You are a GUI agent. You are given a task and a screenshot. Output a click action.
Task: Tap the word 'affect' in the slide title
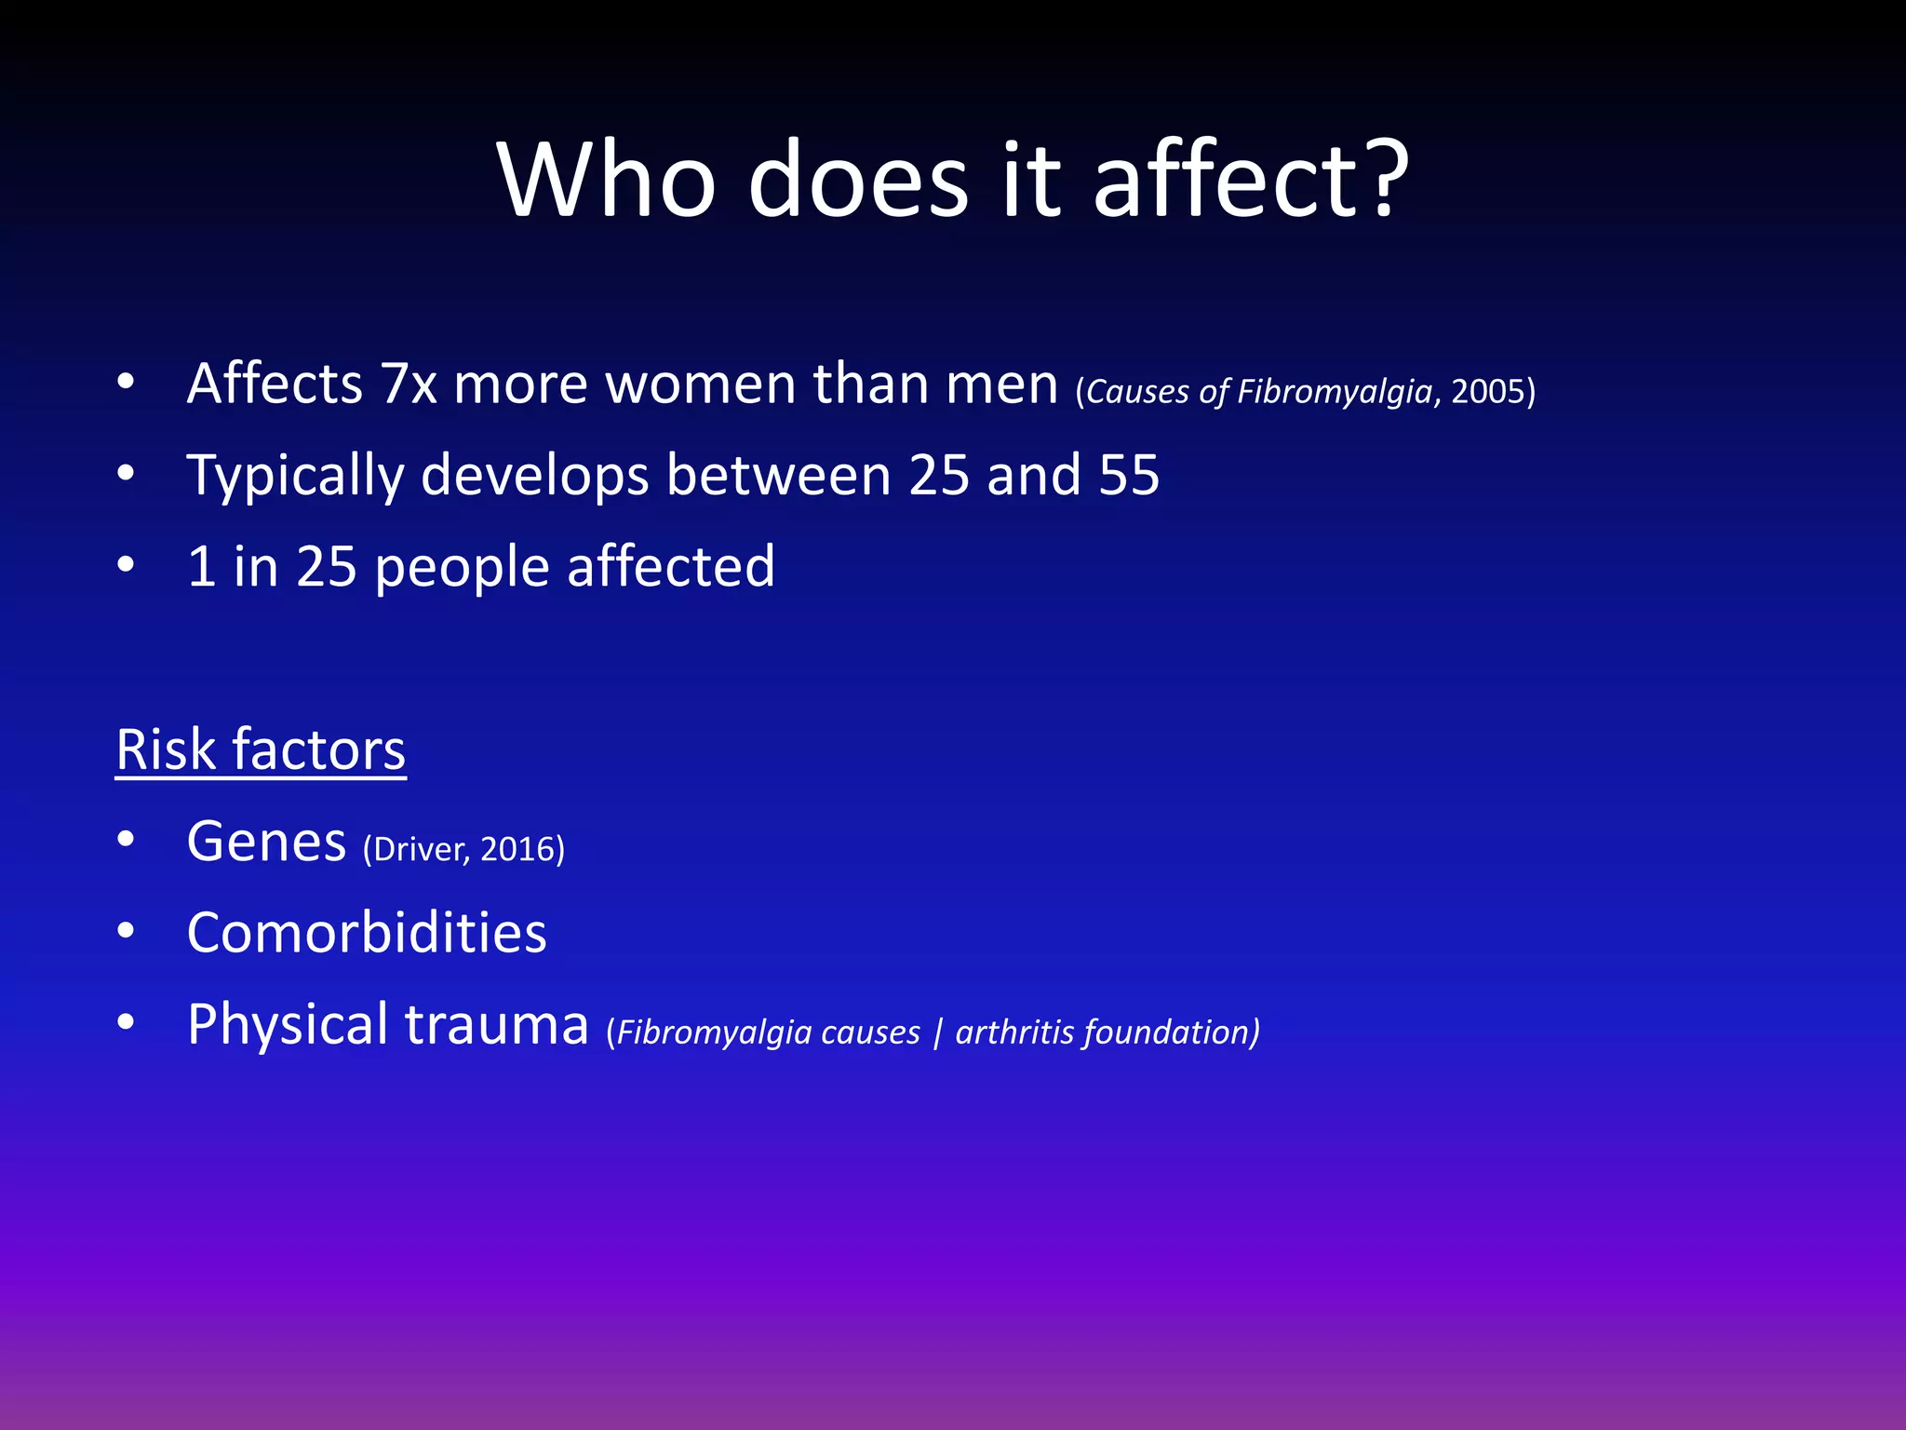(1210, 179)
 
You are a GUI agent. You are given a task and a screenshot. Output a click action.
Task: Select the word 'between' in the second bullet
(778, 476)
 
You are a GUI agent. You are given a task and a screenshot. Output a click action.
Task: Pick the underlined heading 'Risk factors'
(261, 750)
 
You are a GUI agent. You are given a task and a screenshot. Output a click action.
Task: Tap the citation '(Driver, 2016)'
(463, 849)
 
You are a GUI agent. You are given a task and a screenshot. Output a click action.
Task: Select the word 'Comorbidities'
(367, 934)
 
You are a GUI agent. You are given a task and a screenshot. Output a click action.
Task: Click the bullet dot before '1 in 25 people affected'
(127, 565)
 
